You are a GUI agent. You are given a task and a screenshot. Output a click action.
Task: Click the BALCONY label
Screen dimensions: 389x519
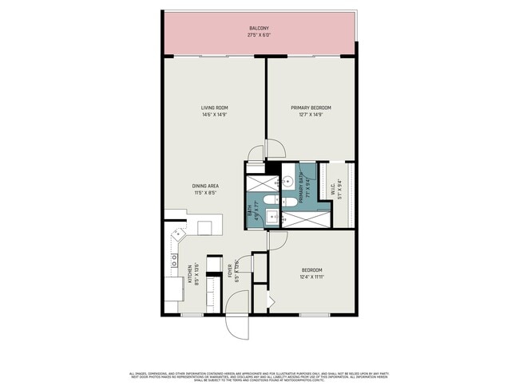click(259, 27)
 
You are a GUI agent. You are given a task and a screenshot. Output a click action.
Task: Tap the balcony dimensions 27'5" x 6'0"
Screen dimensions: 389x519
click(259, 35)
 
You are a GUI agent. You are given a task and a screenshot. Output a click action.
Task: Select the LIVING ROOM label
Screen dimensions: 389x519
click(215, 108)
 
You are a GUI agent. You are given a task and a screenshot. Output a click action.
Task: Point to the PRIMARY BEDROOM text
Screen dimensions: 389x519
click(311, 108)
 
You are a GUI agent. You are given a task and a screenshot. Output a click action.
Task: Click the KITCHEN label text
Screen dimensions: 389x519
click(188, 273)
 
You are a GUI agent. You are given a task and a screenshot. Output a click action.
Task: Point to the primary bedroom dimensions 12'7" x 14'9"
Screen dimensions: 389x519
click(311, 115)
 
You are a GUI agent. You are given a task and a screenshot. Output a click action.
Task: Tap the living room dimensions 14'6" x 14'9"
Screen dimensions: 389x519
click(215, 115)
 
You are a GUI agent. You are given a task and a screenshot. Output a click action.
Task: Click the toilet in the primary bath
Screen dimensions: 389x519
click(290, 202)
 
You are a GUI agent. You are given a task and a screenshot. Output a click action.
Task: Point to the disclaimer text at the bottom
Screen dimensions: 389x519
click(259, 377)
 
